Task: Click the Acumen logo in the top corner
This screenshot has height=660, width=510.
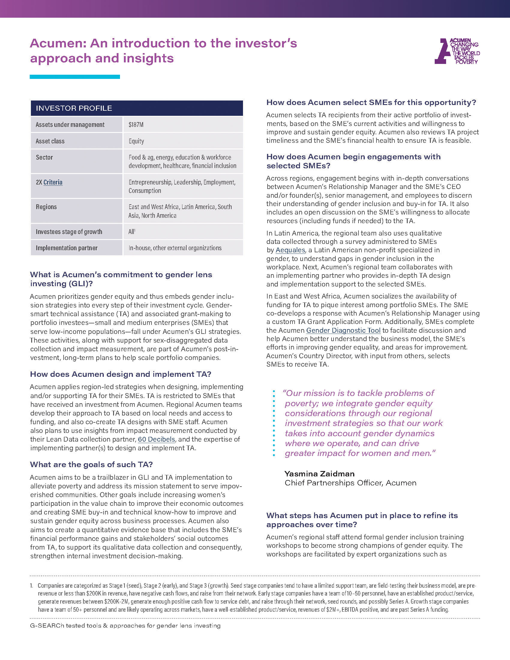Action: coord(457,51)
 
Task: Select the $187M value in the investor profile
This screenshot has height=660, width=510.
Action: coord(136,125)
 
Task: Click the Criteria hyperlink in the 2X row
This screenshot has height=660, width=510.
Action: coord(53,182)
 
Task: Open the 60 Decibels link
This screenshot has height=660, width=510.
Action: coord(156,439)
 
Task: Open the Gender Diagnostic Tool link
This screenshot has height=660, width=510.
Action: coord(343,330)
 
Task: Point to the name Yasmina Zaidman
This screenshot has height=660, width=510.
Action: coord(319,473)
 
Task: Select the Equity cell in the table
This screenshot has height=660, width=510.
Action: coord(136,141)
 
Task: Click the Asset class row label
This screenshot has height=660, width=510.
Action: coord(50,141)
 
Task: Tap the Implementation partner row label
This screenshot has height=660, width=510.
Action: coord(67,248)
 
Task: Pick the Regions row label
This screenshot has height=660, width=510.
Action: coord(46,207)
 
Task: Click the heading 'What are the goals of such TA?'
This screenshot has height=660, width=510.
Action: coord(91,464)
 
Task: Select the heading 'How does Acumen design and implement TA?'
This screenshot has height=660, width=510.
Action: coord(121,374)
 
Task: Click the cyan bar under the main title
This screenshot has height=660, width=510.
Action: coord(75,77)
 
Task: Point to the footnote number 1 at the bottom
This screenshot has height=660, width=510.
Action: coord(31,586)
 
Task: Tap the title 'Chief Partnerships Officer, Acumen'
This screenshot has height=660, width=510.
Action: coord(350,483)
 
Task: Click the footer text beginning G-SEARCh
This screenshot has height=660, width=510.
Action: coord(125,625)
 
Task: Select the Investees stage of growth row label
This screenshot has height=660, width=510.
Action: coord(69,232)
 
